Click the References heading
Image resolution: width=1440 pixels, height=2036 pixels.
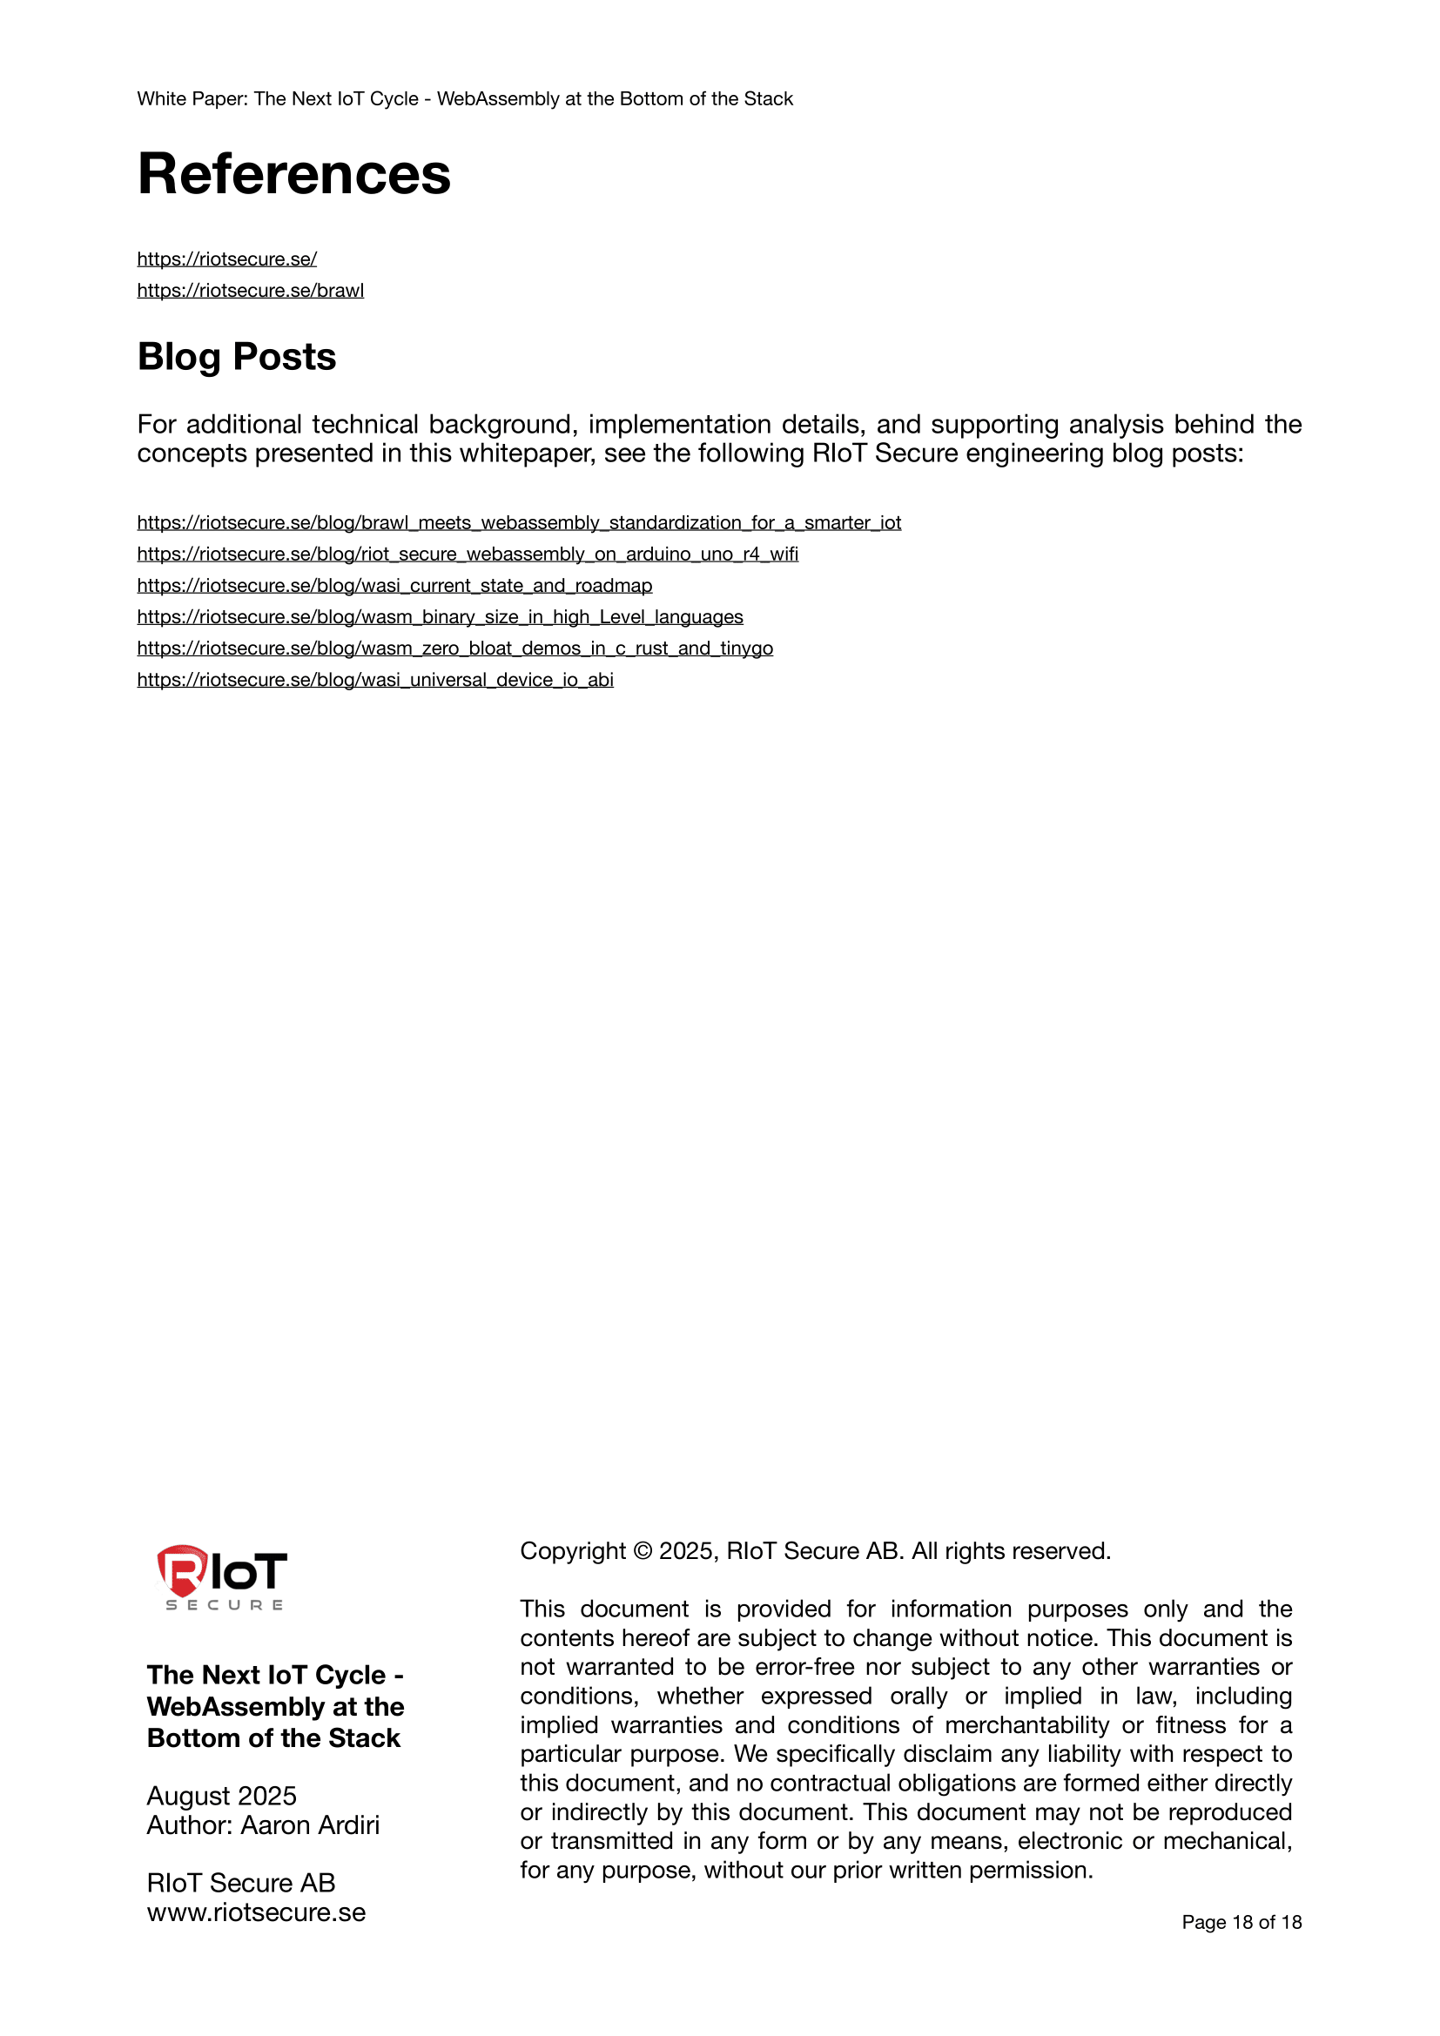(x=293, y=174)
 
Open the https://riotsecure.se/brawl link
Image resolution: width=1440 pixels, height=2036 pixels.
(x=250, y=291)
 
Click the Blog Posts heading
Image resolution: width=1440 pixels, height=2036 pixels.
(x=237, y=358)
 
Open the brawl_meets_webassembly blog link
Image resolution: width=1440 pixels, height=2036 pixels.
(x=519, y=523)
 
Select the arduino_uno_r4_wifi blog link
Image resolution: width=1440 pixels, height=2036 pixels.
(x=468, y=554)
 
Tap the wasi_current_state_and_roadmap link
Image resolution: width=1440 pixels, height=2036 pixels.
(x=394, y=586)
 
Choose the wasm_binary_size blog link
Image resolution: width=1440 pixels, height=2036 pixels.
(x=440, y=617)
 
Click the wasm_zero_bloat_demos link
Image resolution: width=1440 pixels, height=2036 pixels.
(x=454, y=649)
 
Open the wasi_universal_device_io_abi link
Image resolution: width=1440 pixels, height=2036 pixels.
(x=375, y=680)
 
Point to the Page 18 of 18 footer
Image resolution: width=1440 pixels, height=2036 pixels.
(x=1241, y=1922)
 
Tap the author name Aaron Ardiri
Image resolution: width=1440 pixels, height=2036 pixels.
(x=310, y=1825)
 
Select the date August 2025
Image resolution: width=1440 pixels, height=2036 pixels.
(x=222, y=1796)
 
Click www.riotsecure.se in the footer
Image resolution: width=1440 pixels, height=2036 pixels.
(x=256, y=1912)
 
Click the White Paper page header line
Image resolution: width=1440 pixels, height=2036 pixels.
(x=465, y=99)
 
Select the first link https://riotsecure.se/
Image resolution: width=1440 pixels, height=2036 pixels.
(x=227, y=259)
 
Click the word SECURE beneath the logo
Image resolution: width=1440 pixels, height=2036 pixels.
(x=225, y=1605)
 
